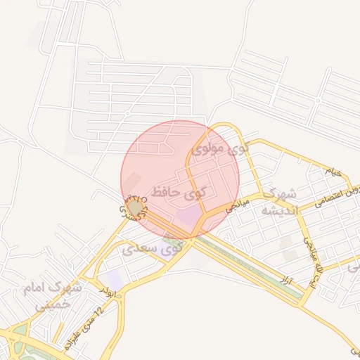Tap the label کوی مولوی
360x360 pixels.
click(220, 149)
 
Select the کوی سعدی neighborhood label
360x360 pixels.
click(152, 248)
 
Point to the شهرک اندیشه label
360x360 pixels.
click(279, 201)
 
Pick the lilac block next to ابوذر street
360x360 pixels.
click(115, 278)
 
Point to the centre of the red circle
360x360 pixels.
click(180, 179)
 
